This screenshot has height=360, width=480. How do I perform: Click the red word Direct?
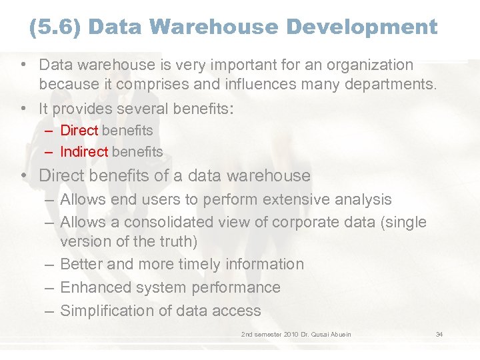(79, 131)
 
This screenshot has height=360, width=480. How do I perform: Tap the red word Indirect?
(84, 152)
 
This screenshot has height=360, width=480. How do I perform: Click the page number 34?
(439, 334)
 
